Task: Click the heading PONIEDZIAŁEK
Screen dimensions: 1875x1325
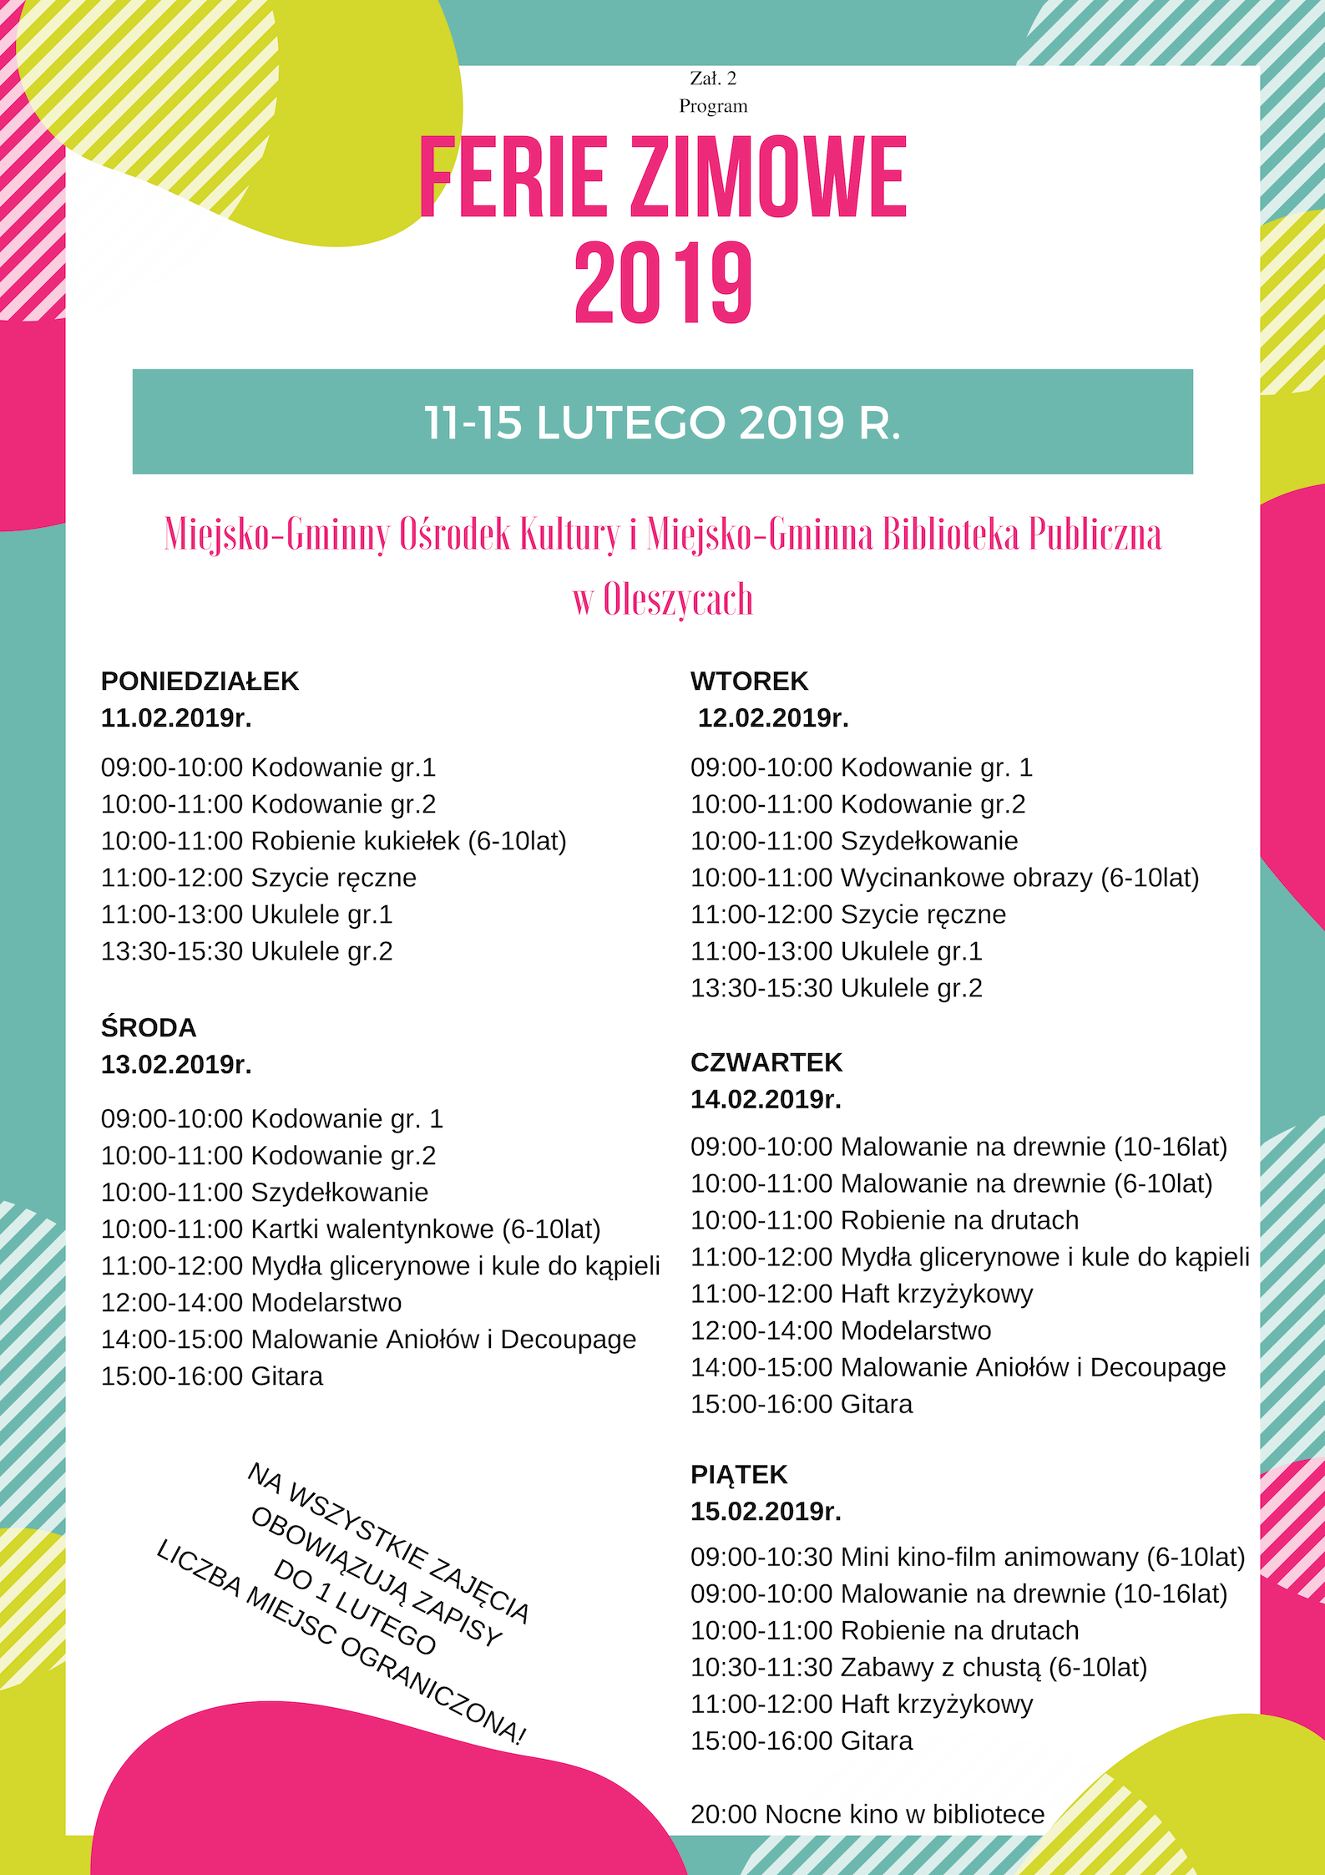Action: tap(200, 682)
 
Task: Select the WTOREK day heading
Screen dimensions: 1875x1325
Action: tap(749, 682)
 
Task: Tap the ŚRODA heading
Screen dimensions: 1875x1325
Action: tap(149, 1027)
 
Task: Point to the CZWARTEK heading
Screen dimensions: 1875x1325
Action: tap(766, 1062)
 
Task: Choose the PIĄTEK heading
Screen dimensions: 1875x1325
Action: tap(739, 1474)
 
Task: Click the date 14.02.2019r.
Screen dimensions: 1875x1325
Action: tap(766, 1099)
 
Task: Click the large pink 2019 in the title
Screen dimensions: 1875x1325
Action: tap(663, 284)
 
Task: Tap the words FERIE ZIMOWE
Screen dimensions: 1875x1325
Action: tap(663, 178)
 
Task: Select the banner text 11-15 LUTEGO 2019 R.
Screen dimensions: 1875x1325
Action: tap(662, 423)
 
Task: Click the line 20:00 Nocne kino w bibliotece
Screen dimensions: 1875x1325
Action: tap(867, 1814)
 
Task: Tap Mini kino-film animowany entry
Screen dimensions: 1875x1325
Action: tap(968, 1557)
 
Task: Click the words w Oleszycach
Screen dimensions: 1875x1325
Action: tap(663, 600)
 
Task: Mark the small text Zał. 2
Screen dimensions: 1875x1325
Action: tap(713, 79)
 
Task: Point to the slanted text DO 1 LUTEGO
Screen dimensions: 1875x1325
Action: tap(355, 1608)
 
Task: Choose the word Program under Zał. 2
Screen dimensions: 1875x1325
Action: tap(713, 106)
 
